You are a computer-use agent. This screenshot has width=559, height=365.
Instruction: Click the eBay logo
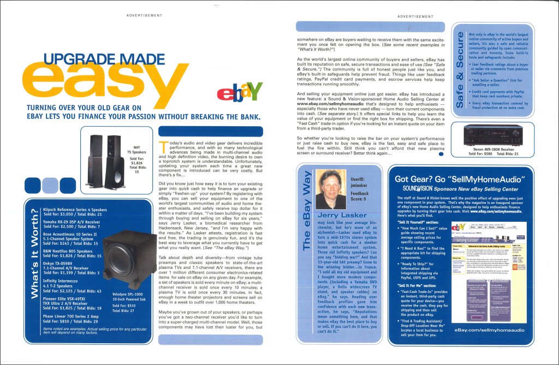pos(240,92)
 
